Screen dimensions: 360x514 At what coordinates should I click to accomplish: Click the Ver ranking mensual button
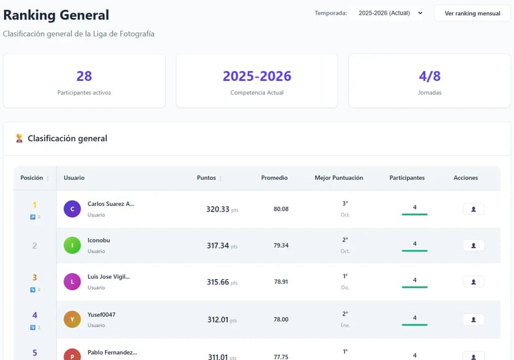pos(473,13)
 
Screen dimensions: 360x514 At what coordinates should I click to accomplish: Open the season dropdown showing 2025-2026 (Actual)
pos(390,13)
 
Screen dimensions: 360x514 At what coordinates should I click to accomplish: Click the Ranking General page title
pos(56,15)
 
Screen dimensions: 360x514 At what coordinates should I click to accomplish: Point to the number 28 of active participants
pos(84,76)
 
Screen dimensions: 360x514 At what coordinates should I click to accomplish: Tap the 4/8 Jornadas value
pos(430,76)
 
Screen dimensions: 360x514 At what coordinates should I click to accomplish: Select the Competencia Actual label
pos(257,93)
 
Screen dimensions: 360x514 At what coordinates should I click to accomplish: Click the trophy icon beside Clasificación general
pos(19,139)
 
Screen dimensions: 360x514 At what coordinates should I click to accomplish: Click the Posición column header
pos(32,178)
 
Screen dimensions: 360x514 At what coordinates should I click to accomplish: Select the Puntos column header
pos(207,178)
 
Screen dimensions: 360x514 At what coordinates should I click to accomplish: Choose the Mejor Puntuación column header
pos(339,178)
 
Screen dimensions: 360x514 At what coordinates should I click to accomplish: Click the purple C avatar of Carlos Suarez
pos(72,209)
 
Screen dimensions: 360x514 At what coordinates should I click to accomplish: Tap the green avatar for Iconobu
pos(72,246)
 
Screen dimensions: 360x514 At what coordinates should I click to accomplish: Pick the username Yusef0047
pos(102,314)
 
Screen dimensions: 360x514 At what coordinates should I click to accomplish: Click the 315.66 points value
pos(218,282)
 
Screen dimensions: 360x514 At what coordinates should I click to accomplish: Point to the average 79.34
pos(281,246)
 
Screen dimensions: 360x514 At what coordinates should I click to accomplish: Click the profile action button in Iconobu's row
pos(473,246)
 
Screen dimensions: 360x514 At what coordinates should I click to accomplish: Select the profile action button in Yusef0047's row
pos(473,319)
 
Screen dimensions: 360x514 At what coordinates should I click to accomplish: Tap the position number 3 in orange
pos(35,278)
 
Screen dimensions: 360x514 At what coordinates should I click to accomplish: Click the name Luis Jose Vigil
pos(108,276)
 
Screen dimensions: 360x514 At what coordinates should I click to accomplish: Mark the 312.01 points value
pos(218,320)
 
